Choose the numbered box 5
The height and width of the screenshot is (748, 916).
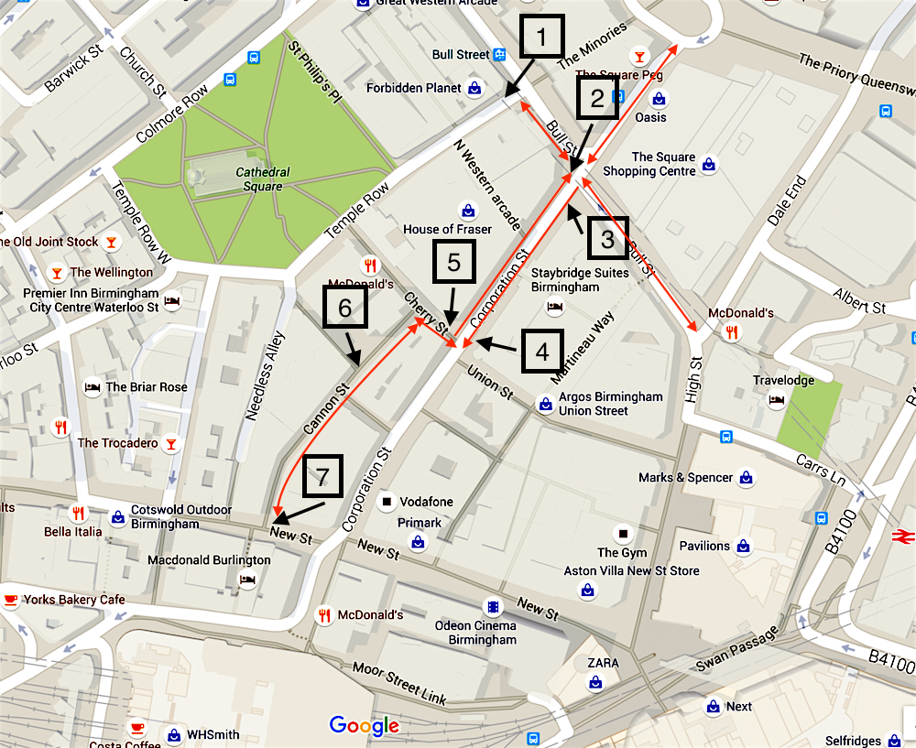pos(453,264)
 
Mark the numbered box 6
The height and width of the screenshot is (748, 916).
pos(344,308)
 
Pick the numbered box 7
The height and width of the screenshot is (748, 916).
pos(321,478)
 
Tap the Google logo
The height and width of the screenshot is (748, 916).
pos(365,726)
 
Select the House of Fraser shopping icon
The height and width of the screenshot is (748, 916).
pos(468,211)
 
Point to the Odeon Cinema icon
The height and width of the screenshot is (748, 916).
pos(494,607)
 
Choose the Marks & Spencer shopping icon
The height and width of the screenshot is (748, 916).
pos(747,478)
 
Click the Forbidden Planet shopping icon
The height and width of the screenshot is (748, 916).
pos(474,88)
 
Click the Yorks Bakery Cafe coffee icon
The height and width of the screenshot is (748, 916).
pos(11,600)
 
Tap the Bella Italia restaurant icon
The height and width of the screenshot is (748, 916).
pos(78,514)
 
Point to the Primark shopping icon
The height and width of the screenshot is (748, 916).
pos(418,542)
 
